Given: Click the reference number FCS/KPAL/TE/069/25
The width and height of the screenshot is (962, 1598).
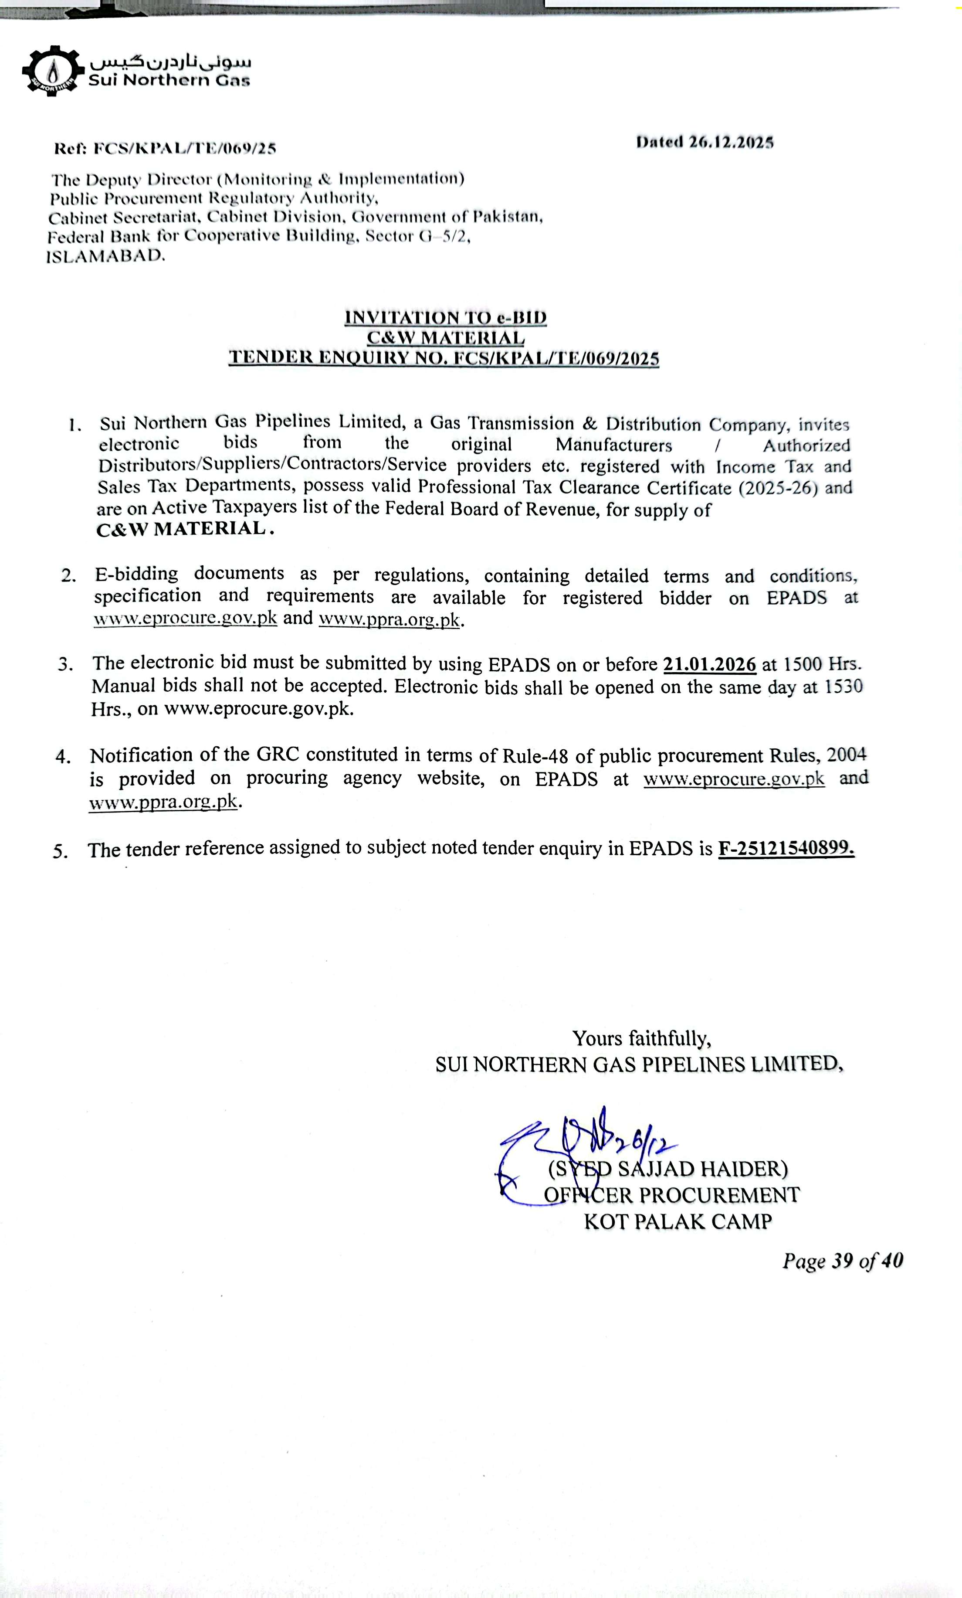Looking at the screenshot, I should tap(185, 149).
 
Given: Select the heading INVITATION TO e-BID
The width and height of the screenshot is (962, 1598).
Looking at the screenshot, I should tap(445, 318).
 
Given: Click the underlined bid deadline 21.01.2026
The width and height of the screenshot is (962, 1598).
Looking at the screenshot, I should tap(709, 664).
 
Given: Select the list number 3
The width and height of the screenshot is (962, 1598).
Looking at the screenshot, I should tap(65, 664).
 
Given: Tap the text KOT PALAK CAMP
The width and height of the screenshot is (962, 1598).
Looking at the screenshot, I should tap(677, 1222).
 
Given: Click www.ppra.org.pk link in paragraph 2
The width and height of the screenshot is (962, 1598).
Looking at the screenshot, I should tap(390, 619).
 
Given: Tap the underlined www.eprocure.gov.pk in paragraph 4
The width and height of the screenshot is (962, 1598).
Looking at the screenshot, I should tap(734, 778).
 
